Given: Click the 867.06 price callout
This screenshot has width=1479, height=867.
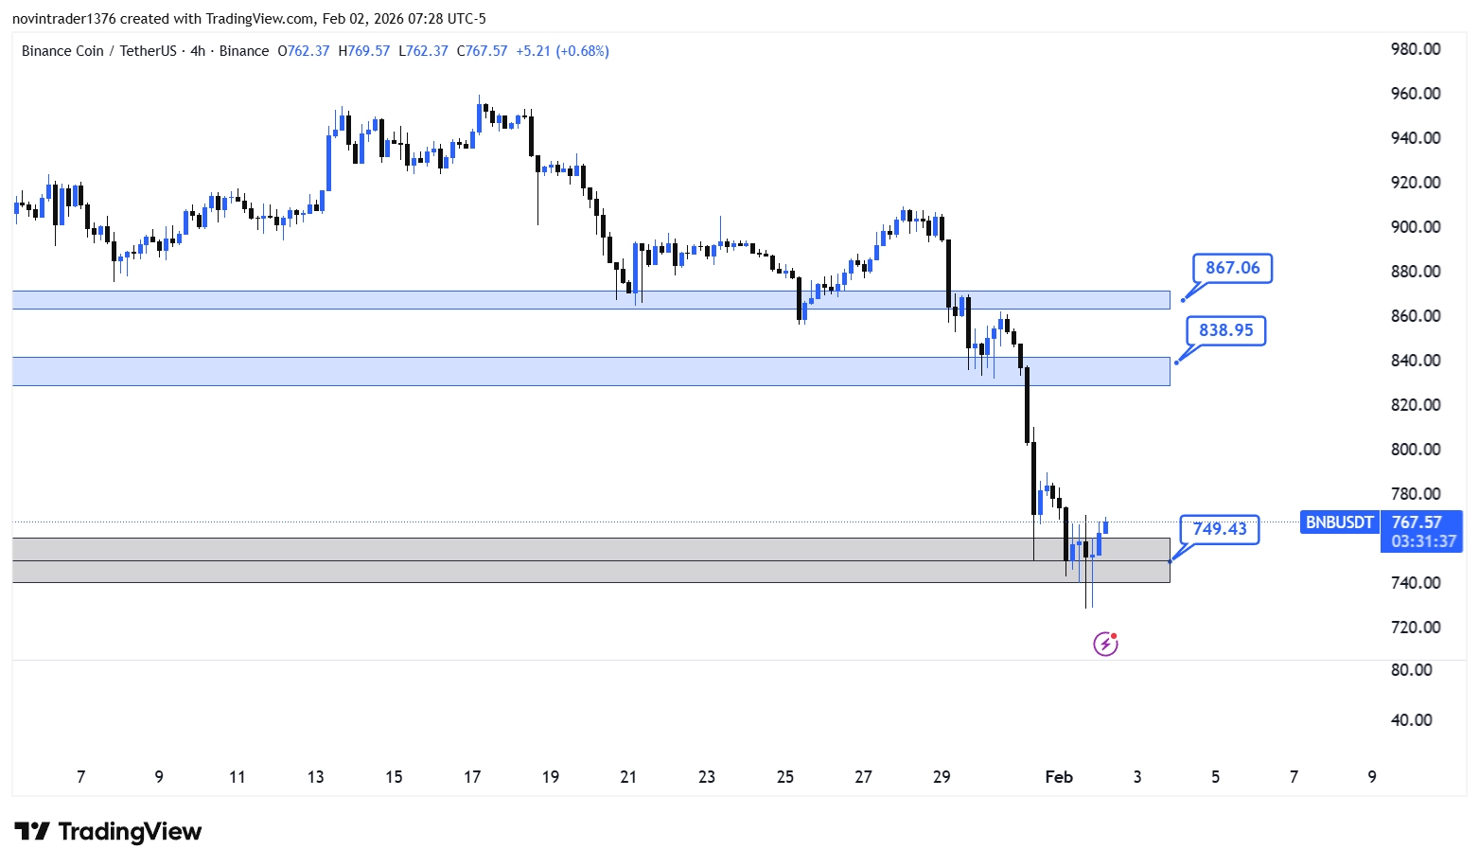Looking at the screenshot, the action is [x=1232, y=268].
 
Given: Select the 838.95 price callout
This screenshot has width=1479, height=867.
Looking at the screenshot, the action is [x=1225, y=330].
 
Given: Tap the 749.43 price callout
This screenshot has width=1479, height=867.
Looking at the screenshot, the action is [x=1219, y=530].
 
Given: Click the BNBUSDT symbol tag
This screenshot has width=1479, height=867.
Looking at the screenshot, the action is [x=1339, y=522].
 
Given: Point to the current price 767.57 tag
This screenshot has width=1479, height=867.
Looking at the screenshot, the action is [x=1417, y=522].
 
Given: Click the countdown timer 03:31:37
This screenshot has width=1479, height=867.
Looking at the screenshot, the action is [x=1423, y=541].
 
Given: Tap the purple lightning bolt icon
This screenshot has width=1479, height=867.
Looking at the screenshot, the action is [x=1105, y=644].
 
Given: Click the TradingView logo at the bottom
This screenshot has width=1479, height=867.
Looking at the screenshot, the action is [x=108, y=831].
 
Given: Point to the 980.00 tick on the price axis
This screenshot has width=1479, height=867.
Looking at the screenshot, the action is [x=1416, y=49].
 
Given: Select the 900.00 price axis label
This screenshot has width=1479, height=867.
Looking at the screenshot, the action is [x=1416, y=227].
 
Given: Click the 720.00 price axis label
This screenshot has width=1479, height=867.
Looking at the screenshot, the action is [x=1416, y=628].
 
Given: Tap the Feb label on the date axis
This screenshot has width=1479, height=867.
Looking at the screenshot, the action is [x=1059, y=777].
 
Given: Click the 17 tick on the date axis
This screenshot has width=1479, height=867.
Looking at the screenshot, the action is [x=472, y=777].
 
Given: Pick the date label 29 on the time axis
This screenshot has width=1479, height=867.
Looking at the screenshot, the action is [x=942, y=777].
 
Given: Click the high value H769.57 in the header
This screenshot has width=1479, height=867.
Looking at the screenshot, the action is [x=363, y=51].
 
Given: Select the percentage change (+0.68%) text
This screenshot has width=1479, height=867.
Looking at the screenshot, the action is [x=582, y=51].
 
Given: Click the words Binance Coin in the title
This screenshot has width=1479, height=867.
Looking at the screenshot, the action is [x=62, y=51].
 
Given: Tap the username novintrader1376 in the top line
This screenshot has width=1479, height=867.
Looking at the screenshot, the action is [x=64, y=19].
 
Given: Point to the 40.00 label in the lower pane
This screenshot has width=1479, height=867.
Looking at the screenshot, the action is [x=1412, y=720].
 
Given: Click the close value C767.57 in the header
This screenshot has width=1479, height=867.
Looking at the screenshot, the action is [x=482, y=51].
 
